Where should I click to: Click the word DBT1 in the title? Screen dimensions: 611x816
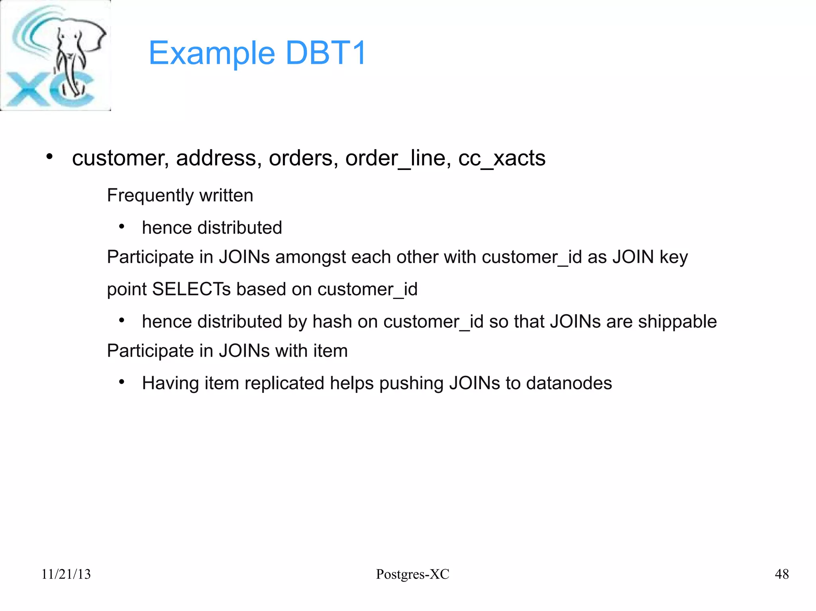tap(326, 53)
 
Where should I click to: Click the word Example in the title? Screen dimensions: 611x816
tap(212, 54)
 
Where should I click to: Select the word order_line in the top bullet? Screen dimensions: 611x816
tap(398, 158)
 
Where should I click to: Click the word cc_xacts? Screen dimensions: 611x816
tap(502, 158)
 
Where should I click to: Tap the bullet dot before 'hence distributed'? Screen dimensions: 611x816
tap(122, 227)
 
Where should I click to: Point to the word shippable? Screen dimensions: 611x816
tap(677, 322)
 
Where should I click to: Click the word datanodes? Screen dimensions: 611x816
tap(569, 383)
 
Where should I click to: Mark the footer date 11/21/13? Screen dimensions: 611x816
tap(66, 574)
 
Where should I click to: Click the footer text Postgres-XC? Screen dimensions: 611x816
tap(412, 574)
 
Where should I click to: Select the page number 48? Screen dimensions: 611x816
tap(781, 574)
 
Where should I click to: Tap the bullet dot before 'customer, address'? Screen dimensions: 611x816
tap(49, 157)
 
